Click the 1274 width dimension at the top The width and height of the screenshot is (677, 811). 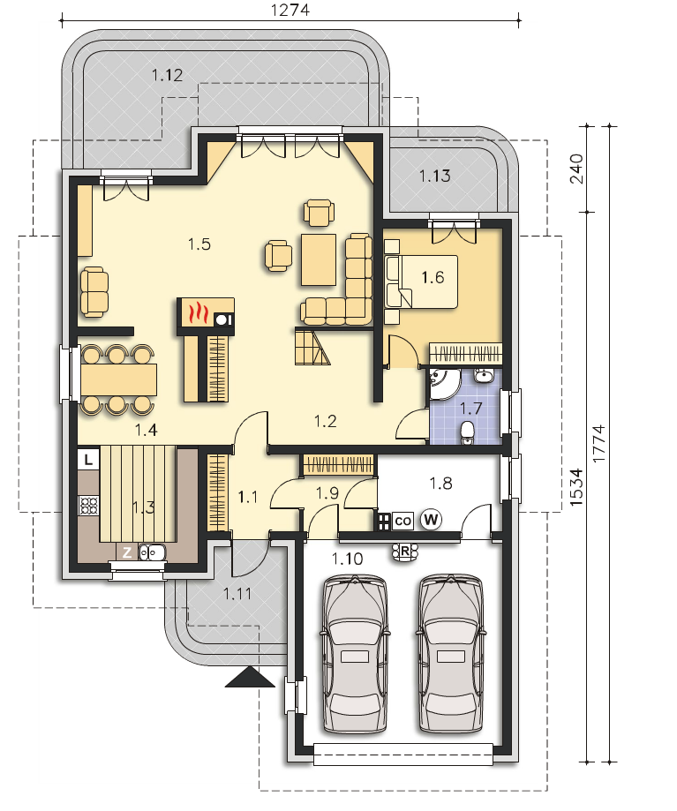(290, 10)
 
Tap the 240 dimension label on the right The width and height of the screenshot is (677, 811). (576, 169)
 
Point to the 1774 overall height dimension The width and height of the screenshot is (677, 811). (598, 444)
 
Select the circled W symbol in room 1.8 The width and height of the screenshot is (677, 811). (431, 519)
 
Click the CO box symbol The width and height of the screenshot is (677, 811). (402, 521)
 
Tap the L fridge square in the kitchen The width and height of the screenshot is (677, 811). (88, 459)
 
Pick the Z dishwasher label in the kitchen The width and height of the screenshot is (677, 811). (127, 553)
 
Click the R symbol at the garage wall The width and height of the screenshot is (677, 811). (405, 552)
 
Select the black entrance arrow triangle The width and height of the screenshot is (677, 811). (250, 677)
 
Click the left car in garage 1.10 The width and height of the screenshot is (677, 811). (356, 654)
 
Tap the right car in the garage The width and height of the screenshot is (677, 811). (451, 653)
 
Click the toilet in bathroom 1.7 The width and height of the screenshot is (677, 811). (467, 433)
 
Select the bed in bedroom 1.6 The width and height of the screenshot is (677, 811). (422, 282)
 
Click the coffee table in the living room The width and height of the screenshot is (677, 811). (319, 259)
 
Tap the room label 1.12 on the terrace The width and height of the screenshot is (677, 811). (167, 75)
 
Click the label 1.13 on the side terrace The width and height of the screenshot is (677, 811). (434, 176)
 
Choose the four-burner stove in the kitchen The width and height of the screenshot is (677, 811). (88, 506)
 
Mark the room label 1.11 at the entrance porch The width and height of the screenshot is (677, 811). (237, 594)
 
